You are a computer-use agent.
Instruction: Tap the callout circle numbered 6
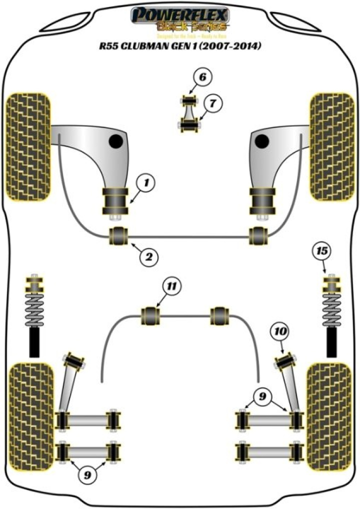pyautogui.click(x=202, y=77)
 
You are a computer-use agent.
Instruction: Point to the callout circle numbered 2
pyautogui.click(x=148, y=257)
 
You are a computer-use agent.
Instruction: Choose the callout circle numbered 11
pyautogui.click(x=171, y=287)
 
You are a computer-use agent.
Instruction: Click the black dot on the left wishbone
pyautogui.click(x=116, y=141)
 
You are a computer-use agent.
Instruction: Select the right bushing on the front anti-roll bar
pyautogui.click(x=258, y=234)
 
